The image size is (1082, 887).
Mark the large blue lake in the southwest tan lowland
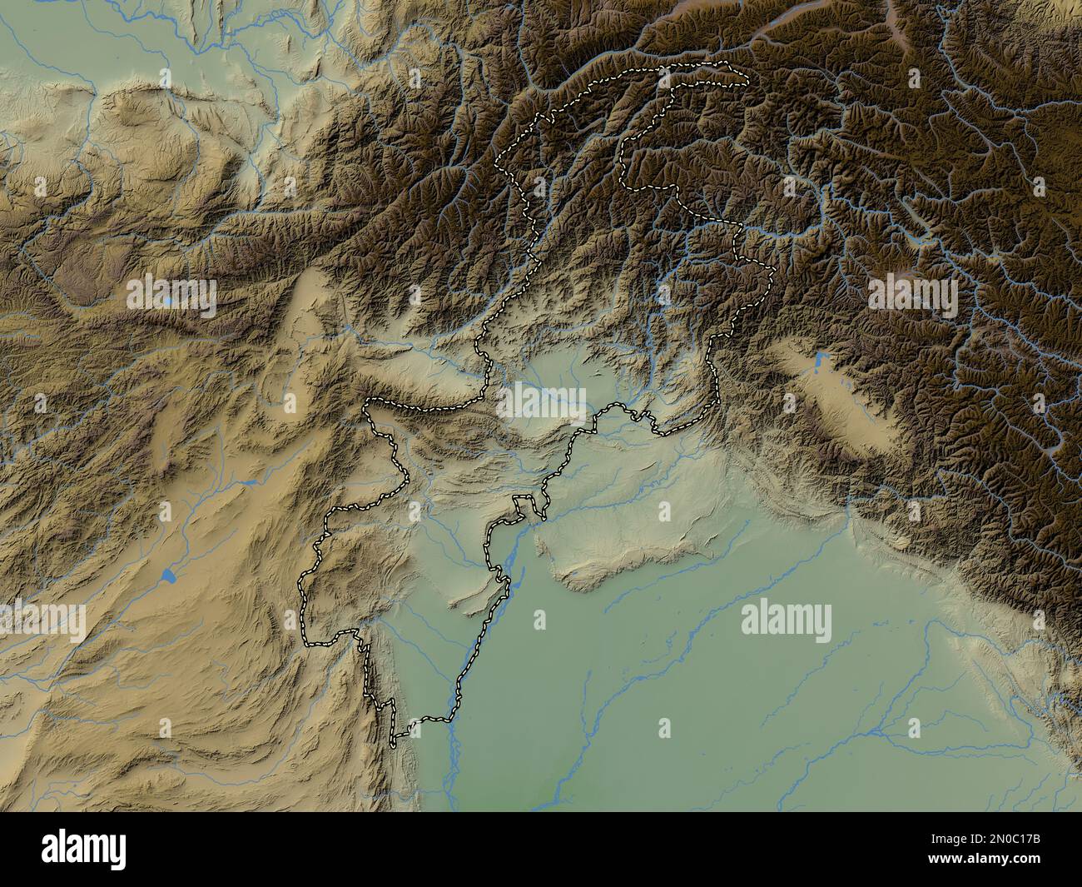coord(169,576)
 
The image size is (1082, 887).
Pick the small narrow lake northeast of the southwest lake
coord(248,482)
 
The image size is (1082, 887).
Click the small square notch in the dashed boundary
coord(523,502)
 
